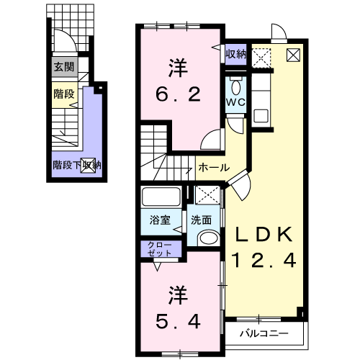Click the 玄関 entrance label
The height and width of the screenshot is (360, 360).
click(64, 67)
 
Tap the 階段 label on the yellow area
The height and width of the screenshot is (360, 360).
click(64, 94)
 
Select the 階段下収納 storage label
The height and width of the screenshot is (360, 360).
click(77, 165)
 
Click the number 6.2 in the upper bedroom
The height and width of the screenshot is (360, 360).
click(178, 94)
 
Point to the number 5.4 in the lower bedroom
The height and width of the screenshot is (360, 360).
click(178, 322)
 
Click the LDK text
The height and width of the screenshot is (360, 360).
click(264, 235)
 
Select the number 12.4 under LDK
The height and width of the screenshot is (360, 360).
click(264, 261)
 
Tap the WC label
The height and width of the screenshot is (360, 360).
click(236, 102)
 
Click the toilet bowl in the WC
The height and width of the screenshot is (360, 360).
click(236, 86)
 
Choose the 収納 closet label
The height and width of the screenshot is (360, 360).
click(236, 54)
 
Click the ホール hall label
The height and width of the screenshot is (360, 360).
click(214, 167)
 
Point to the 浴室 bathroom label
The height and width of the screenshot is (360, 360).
click(160, 220)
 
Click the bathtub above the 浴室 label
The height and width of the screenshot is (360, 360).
click(161, 197)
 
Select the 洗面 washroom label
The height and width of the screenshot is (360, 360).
click(201, 220)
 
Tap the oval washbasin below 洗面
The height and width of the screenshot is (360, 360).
click(209, 238)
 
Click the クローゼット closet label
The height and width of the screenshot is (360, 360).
click(160, 249)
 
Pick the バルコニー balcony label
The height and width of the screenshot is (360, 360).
click(264, 333)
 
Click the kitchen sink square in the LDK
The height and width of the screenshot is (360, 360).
click(261, 116)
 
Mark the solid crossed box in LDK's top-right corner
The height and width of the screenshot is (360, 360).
click(293, 55)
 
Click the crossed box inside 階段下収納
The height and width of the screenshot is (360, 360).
click(88, 166)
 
